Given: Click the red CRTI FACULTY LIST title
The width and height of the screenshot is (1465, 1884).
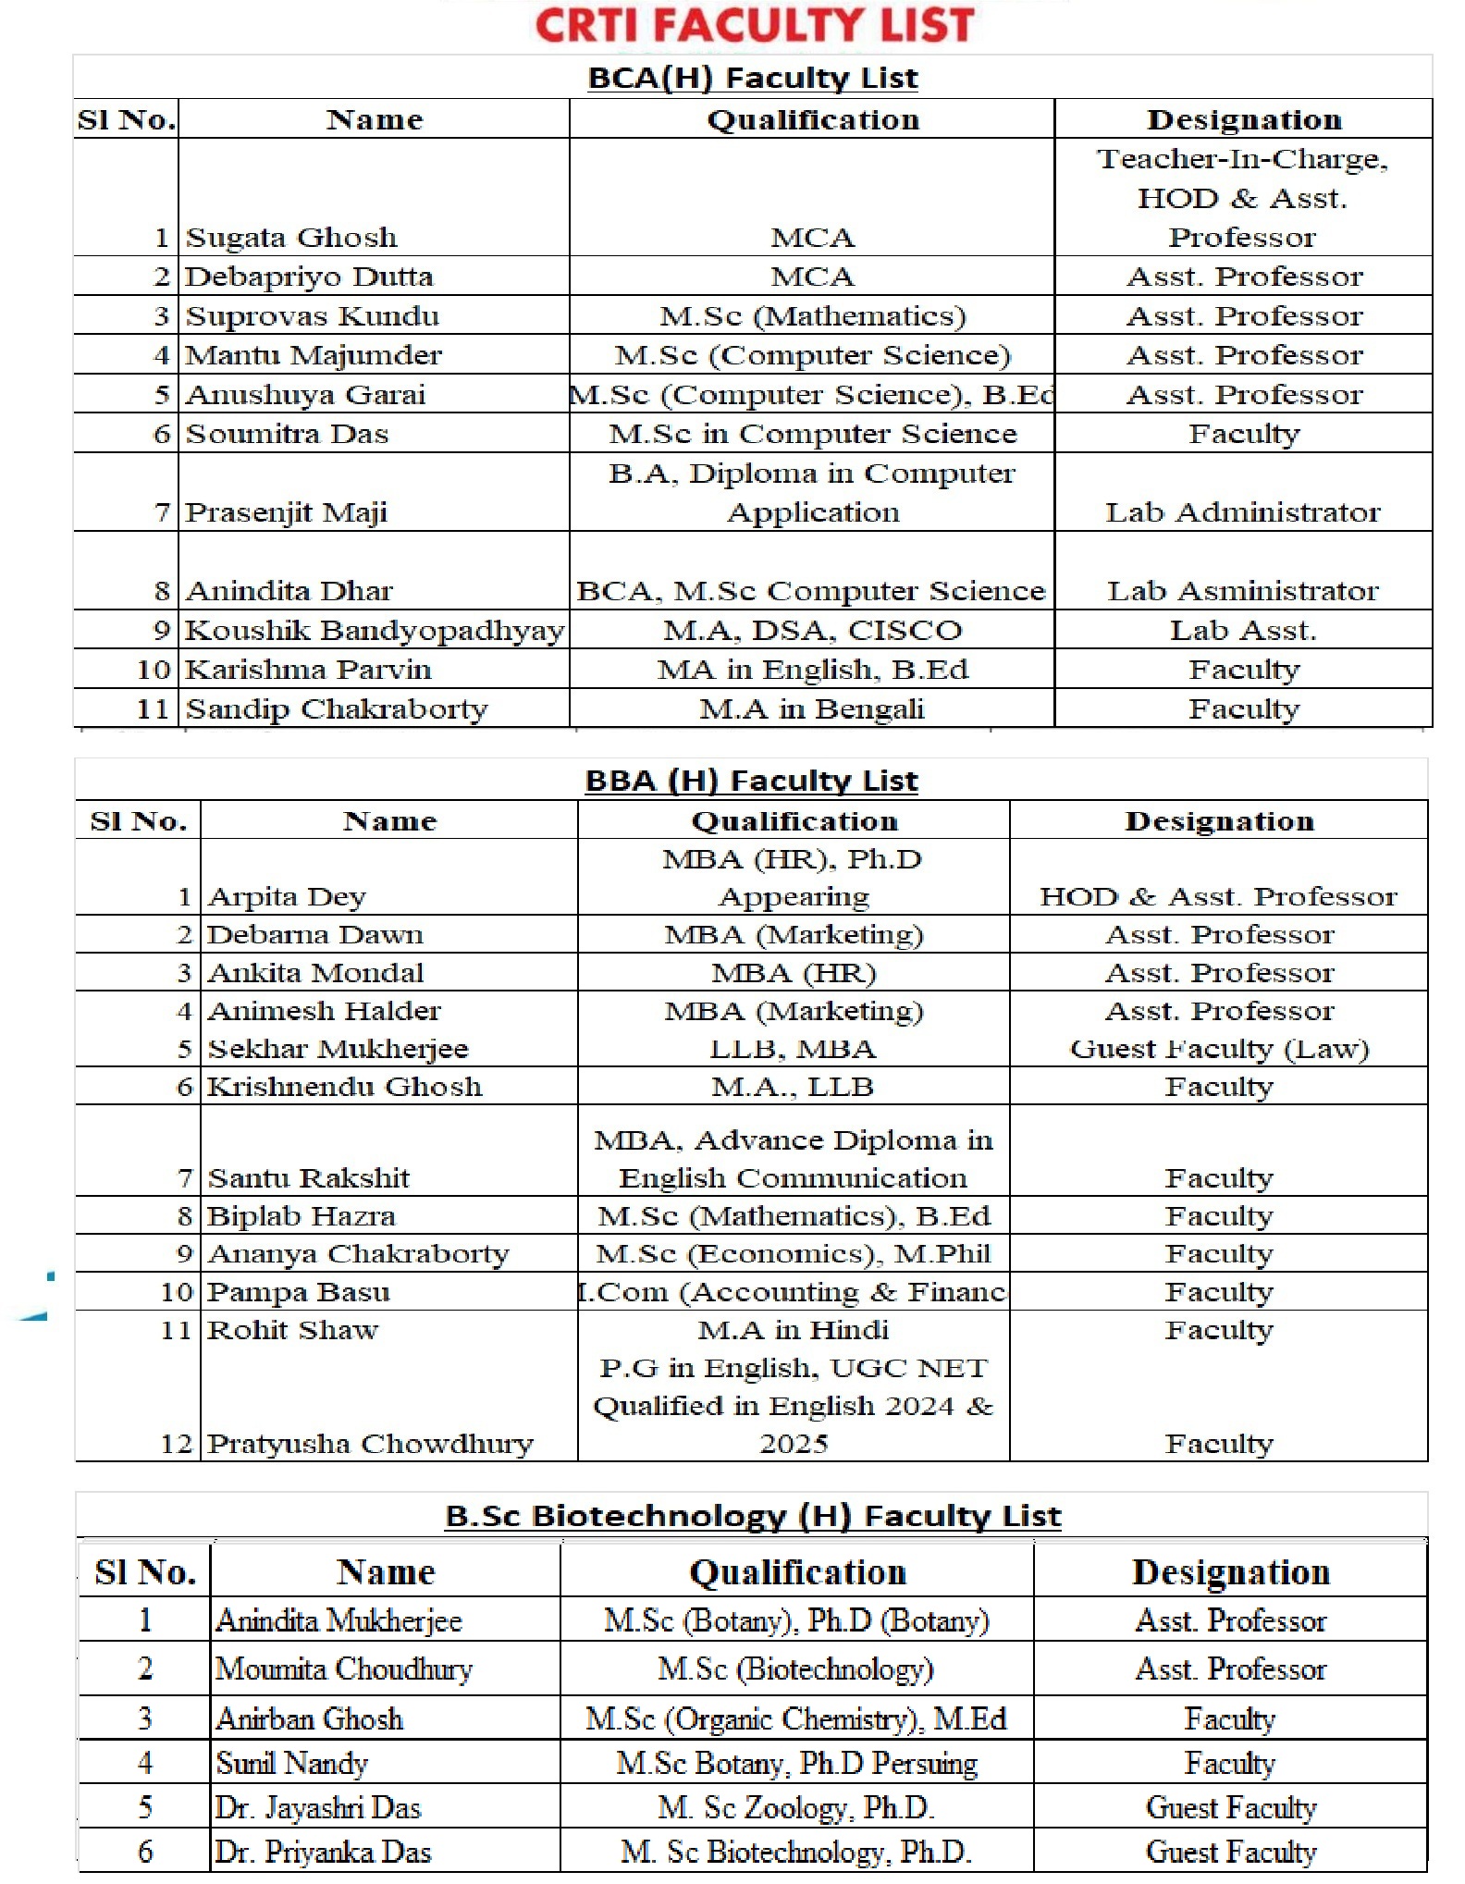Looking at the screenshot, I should click(754, 25).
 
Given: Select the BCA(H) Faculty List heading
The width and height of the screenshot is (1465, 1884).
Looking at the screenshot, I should click(753, 78).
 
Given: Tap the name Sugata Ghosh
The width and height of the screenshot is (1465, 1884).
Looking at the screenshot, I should click(291, 238).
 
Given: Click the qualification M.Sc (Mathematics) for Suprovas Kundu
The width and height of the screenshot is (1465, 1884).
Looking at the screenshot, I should click(812, 316).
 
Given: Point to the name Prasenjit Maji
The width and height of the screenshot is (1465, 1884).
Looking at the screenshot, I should click(286, 512).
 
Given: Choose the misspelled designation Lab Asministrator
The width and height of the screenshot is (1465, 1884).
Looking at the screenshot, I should click(1242, 591).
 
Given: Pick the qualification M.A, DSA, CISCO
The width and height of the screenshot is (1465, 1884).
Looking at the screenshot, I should click(812, 631).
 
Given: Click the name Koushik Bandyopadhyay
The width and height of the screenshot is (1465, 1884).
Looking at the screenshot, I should click(374, 631).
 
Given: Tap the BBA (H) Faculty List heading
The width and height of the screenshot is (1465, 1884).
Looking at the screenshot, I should click(751, 781).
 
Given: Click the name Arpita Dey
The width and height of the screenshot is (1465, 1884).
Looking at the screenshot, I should click(287, 897).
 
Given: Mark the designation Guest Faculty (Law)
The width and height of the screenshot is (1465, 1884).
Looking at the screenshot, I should click(1218, 1049).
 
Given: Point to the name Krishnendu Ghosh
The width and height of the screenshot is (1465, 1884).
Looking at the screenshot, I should click(344, 1087).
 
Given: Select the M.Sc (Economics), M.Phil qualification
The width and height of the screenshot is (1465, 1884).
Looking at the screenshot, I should click(793, 1254).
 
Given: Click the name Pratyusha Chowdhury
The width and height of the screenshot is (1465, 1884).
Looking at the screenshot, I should click(370, 1444).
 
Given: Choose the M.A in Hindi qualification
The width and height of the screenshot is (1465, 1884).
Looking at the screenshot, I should click(793, 1330).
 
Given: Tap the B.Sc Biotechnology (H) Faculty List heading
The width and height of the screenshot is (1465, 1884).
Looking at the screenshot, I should click(753, 1516).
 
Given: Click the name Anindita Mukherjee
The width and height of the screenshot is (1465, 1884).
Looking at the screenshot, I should click(339, 1620).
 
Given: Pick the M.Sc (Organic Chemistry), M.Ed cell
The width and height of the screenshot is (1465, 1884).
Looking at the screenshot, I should click(795, 1718).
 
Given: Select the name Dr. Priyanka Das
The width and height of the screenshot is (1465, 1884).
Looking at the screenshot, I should click(323, 1852).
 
